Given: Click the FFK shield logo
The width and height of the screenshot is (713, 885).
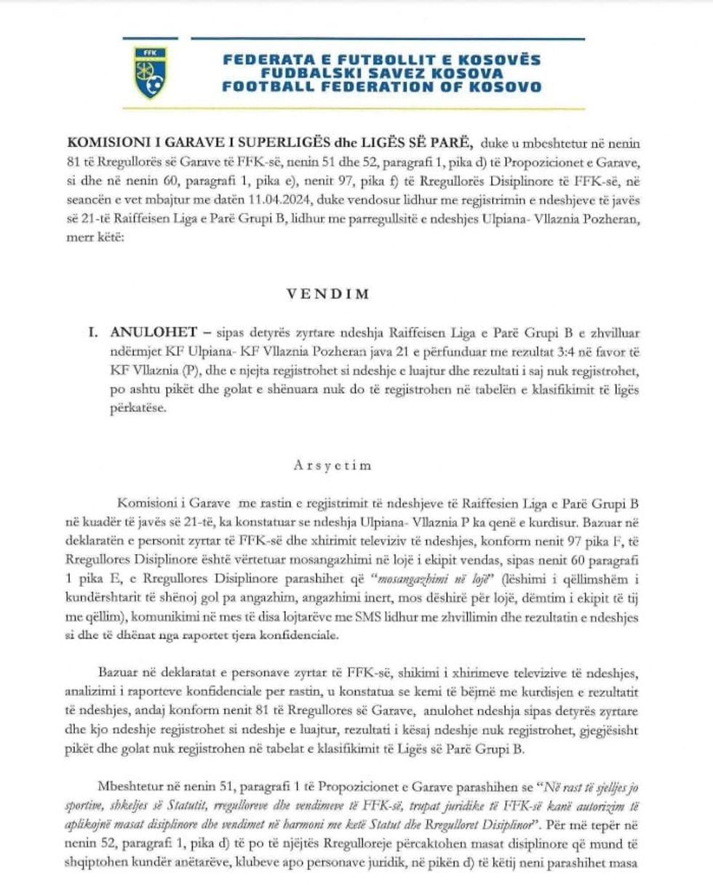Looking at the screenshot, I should pos(151,73).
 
